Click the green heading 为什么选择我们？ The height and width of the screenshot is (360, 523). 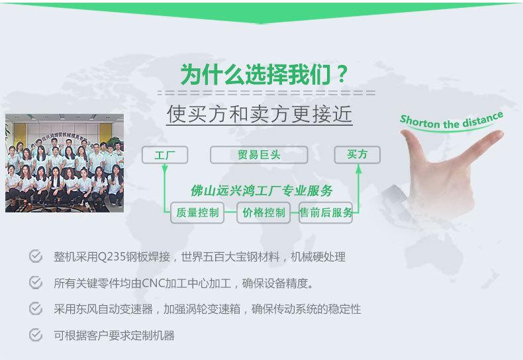[264, 73]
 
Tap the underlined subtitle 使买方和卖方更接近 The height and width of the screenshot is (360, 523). [259, 114]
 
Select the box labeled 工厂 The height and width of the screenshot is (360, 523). [165, 156]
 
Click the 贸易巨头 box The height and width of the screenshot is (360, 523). [259, 156]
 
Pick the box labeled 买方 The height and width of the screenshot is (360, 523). [357, 155]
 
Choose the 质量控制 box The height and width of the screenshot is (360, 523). [197, 212]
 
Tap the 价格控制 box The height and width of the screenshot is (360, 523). [263, 212]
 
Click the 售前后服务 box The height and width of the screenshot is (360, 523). [326, 212]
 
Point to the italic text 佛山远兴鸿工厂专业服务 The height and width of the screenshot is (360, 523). [261, 191]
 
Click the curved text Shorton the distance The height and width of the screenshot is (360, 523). [452, 122]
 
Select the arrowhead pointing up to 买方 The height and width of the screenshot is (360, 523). [358, 169]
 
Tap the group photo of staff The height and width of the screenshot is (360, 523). [64, 163]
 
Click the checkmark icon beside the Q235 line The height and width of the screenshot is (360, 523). [36, 256]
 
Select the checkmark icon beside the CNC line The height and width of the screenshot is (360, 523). [36, 283]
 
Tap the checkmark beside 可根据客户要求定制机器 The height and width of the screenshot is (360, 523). [36, 335]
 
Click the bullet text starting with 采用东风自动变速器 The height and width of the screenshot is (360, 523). [207, 309]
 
